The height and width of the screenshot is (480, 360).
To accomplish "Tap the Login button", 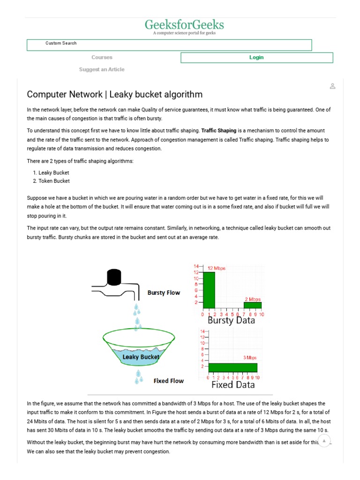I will click(x=256, y=58).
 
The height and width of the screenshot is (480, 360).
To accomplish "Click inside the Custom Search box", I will click(x=169, y=45).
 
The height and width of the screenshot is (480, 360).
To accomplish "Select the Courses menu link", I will click(x=102, y=58).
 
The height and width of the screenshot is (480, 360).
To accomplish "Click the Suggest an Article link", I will click(x=102, y=69).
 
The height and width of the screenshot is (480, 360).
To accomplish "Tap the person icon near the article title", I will click(x=332, y=86).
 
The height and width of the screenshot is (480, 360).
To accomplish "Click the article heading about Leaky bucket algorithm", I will click(x=115, y=94).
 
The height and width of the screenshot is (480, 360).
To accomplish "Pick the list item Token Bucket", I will click(x=54, y=181).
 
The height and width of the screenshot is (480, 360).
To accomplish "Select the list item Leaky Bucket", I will click(x=53, y=172).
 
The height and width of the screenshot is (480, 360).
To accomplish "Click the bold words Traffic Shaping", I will click(x=218, y=131).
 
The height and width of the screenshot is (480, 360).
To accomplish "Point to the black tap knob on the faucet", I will click(x=114, y=277).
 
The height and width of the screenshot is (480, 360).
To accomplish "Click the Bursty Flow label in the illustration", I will click(x=164, y=293).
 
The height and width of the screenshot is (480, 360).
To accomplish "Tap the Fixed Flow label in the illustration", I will click(x=169, y=381).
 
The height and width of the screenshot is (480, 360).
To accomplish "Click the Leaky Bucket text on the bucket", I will click(x=141, y=357).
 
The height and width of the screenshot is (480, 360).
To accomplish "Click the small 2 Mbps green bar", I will click(x=252, y=305).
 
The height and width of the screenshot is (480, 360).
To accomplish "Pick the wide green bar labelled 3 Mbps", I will click(x=233, y=367).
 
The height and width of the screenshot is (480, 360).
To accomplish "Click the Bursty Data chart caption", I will click(x=231, y=321).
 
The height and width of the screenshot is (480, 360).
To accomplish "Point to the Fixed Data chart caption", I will click(x=233, y=385).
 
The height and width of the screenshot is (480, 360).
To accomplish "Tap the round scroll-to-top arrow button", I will click(x=324, y=441).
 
